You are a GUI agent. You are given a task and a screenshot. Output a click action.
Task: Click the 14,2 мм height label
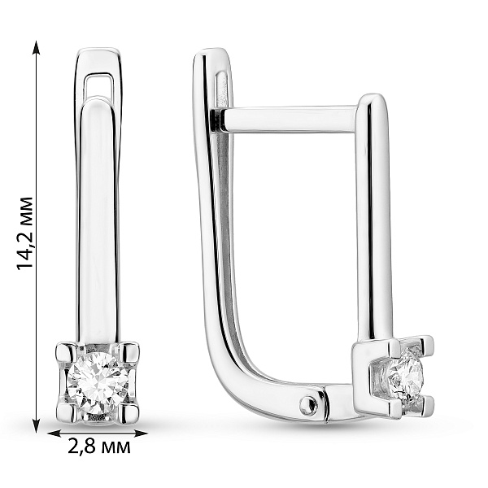coord(25,233)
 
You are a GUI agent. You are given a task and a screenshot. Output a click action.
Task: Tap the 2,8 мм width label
coord(99,447)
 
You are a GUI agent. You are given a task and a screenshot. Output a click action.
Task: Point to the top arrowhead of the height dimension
coord(37,46)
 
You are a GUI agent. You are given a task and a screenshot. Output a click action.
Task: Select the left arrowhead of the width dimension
coord(54,434)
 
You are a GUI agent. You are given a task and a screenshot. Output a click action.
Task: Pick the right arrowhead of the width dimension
coord(140,434)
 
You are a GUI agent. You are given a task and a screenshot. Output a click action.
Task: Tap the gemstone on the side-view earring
coord(404,375)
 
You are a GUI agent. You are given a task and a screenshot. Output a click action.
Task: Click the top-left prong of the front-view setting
coord(66,354)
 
